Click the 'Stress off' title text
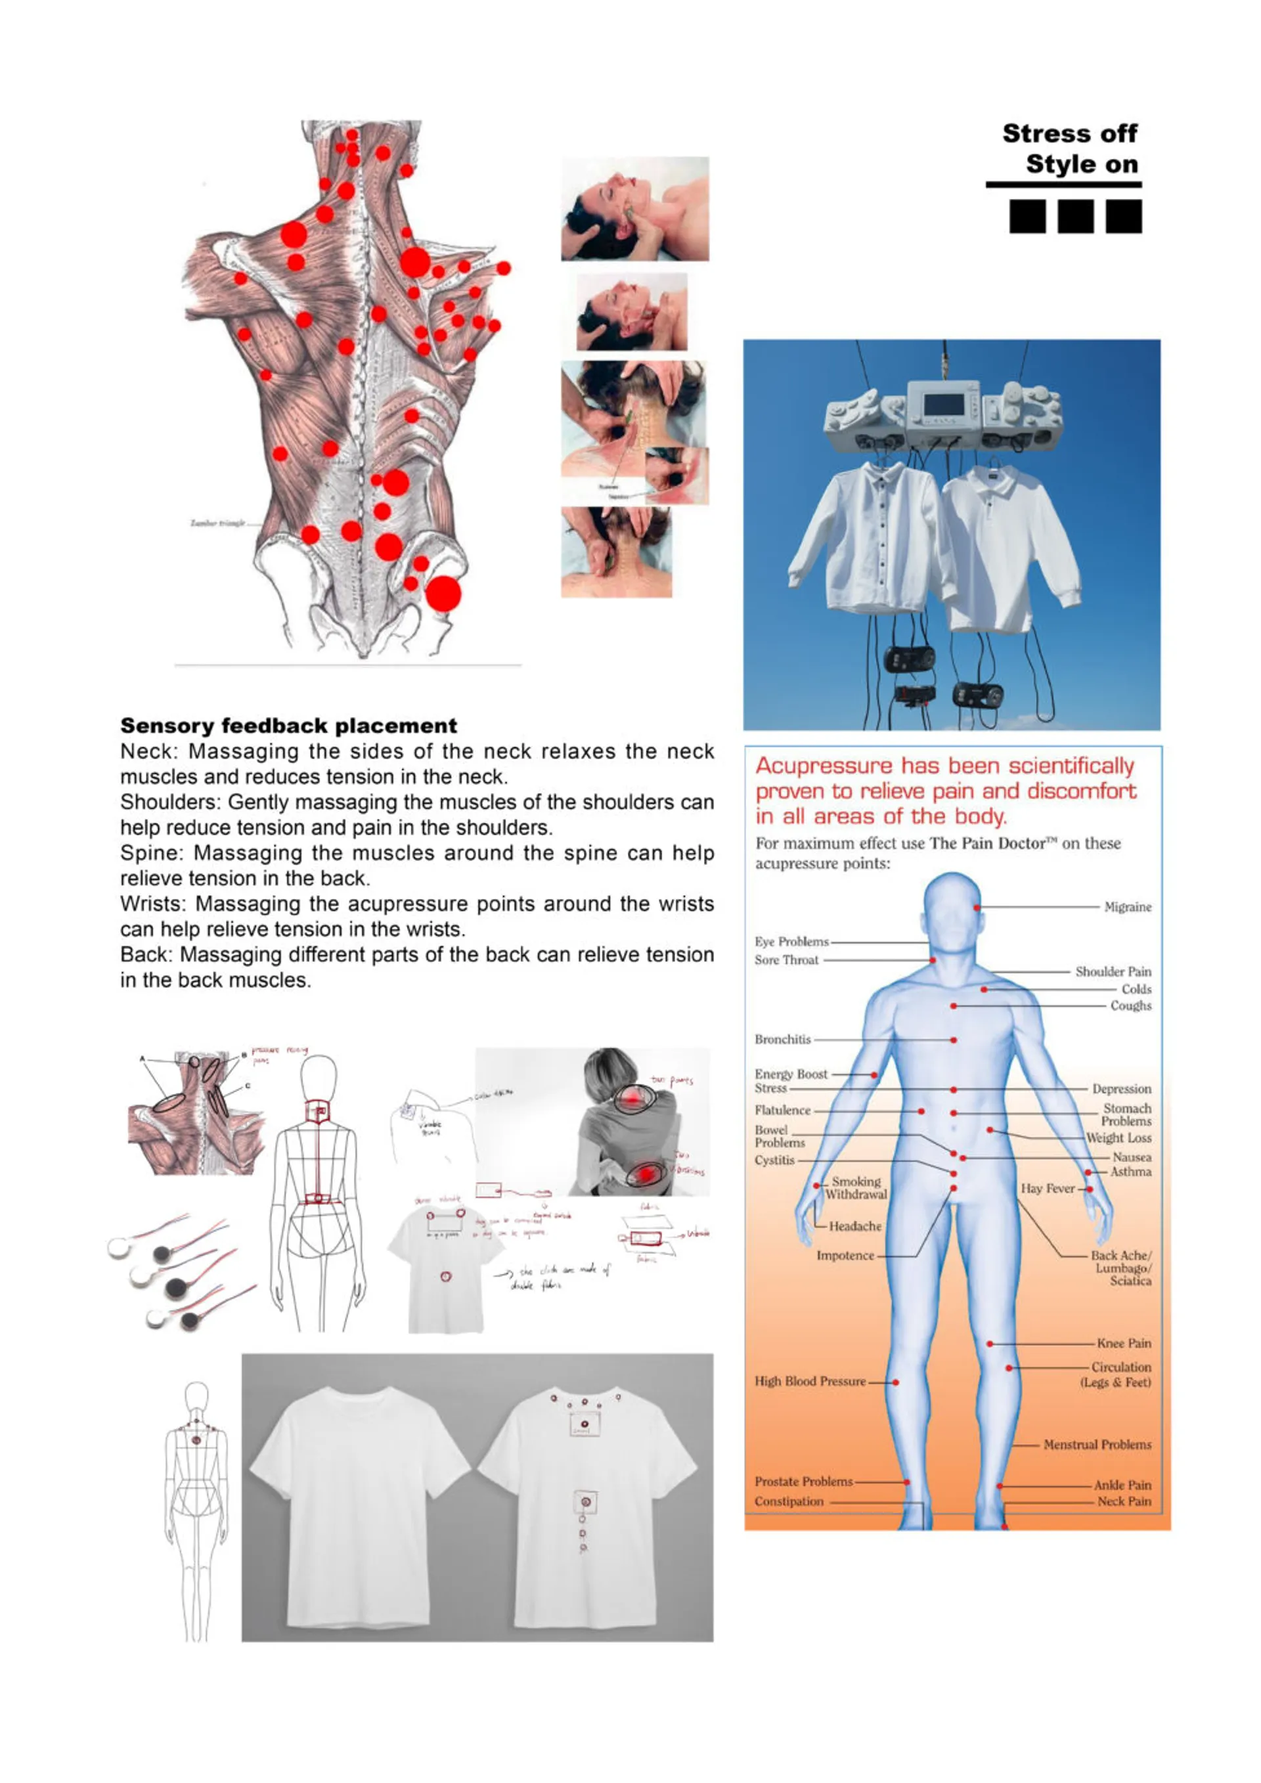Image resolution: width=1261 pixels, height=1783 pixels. click(1069, 133)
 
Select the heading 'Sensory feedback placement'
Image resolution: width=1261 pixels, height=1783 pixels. click(288, 726)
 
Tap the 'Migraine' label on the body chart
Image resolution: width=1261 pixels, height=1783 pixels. click(1128, 907)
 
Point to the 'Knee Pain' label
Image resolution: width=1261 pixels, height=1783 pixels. click(1124, 1344)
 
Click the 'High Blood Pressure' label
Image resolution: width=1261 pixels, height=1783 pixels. click(809, 1382)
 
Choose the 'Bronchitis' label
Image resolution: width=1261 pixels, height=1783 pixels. click(782, 1040)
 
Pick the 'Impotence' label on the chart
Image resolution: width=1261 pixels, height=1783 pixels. click(845, 1256)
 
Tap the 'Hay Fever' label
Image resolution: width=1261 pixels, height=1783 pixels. click(1048, 1189)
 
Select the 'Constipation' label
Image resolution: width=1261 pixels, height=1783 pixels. click(788, 1502)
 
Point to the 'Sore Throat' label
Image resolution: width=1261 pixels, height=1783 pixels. click(785, 960)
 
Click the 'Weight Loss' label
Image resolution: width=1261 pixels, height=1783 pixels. click(1118, 1137)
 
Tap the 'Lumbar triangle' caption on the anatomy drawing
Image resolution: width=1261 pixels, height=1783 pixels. click(217, 523)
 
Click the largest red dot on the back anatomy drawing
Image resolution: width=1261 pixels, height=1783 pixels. click(443, 594)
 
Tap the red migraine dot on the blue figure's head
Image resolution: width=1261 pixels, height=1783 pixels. click(977, 907)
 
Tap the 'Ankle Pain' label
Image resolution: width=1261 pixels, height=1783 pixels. click(1122, 1485)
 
